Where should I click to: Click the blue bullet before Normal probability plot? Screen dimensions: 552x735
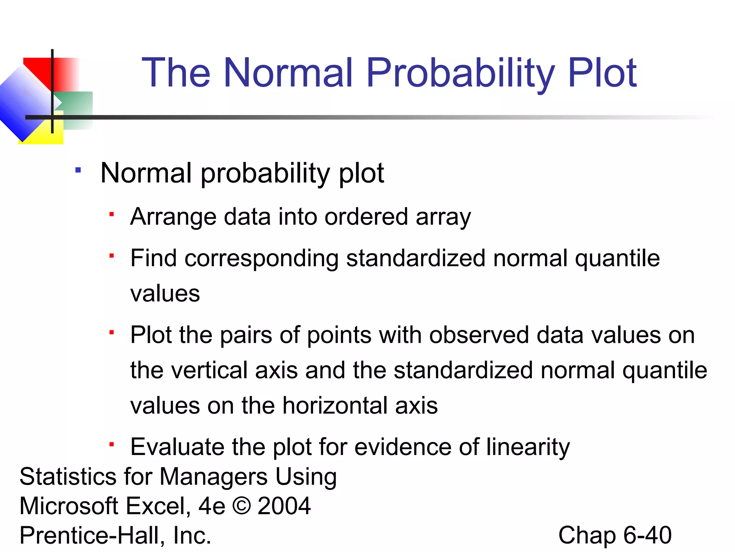click(x=78, y=170)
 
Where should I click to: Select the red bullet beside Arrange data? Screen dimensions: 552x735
click(x=112, y=215)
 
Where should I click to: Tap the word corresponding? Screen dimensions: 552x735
click(x=261, y=259)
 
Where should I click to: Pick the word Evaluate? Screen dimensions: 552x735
click(x=177, y=447)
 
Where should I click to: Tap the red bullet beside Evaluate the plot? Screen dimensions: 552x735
click(x=112, y=445)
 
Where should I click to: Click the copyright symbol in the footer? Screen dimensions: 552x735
click(x=242, y=506)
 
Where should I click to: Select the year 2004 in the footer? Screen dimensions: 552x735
click(x=284, y=506)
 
